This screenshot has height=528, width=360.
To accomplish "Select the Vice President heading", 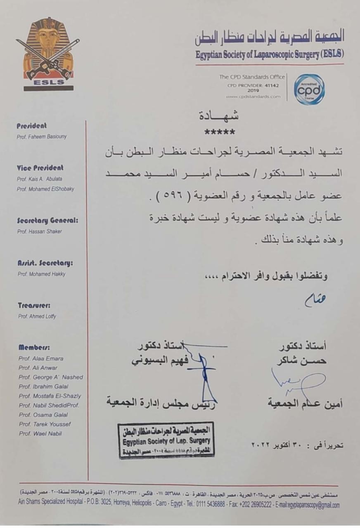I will click(x=40, y=168).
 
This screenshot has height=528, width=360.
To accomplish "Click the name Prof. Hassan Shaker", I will click(x=39, y=231).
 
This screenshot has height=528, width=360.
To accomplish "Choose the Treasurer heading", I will click(x=34, y=306).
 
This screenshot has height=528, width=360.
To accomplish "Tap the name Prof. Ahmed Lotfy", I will click(x=36, y=316).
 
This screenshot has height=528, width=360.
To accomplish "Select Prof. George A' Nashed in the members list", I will click(x=50, y=377).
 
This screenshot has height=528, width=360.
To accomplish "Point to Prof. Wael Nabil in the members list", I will click(x=40, y=434).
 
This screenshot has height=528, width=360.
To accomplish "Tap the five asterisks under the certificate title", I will click(x=220, y=133).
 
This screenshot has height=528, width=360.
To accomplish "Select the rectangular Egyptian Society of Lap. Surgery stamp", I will click(x=166, y=440).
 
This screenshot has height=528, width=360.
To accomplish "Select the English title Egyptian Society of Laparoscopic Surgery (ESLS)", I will click(x=270, y=54).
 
